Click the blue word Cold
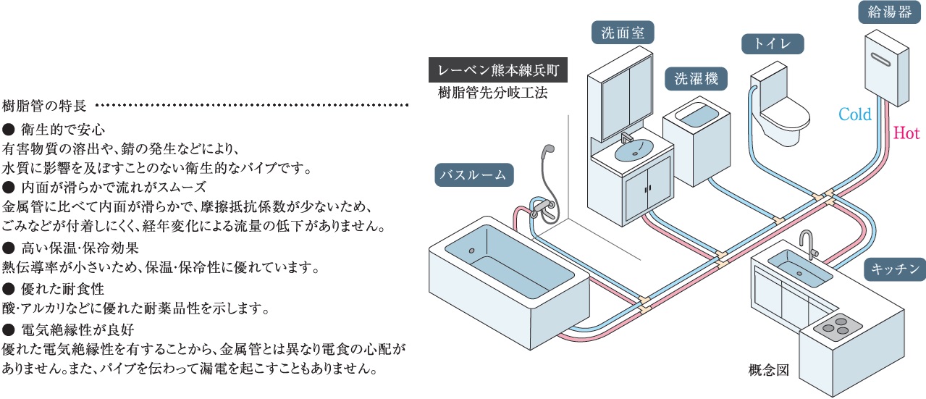pyautogui.click(x=854, y=114)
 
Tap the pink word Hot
pyautogui.click(x=906, y=133)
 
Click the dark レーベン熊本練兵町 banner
pyautogui.click(x=498, y=71)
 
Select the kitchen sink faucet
pyautogui.click(x=807, y=243)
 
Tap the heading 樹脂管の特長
pyautogui.click(x=45, y=106)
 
